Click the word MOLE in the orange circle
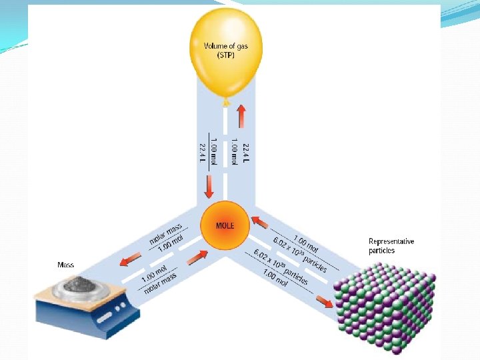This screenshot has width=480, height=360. click(225, 225)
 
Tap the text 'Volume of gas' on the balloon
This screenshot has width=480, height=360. click(225, 46)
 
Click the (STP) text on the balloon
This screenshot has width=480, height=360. click(225, 55)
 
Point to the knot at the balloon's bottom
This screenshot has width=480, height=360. click(226, 102)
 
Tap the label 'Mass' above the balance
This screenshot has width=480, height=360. click(65, 265)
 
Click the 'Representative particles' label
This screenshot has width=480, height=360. click(391, 246)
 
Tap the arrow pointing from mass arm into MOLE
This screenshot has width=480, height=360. click(198, 256)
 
